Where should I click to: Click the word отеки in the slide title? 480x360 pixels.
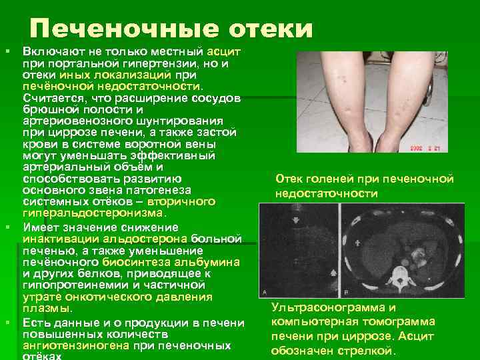(x=271, y=29)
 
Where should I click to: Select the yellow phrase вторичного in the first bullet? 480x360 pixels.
(x=181, y=201)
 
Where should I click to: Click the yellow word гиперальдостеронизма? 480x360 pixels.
(x=93, y=213)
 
